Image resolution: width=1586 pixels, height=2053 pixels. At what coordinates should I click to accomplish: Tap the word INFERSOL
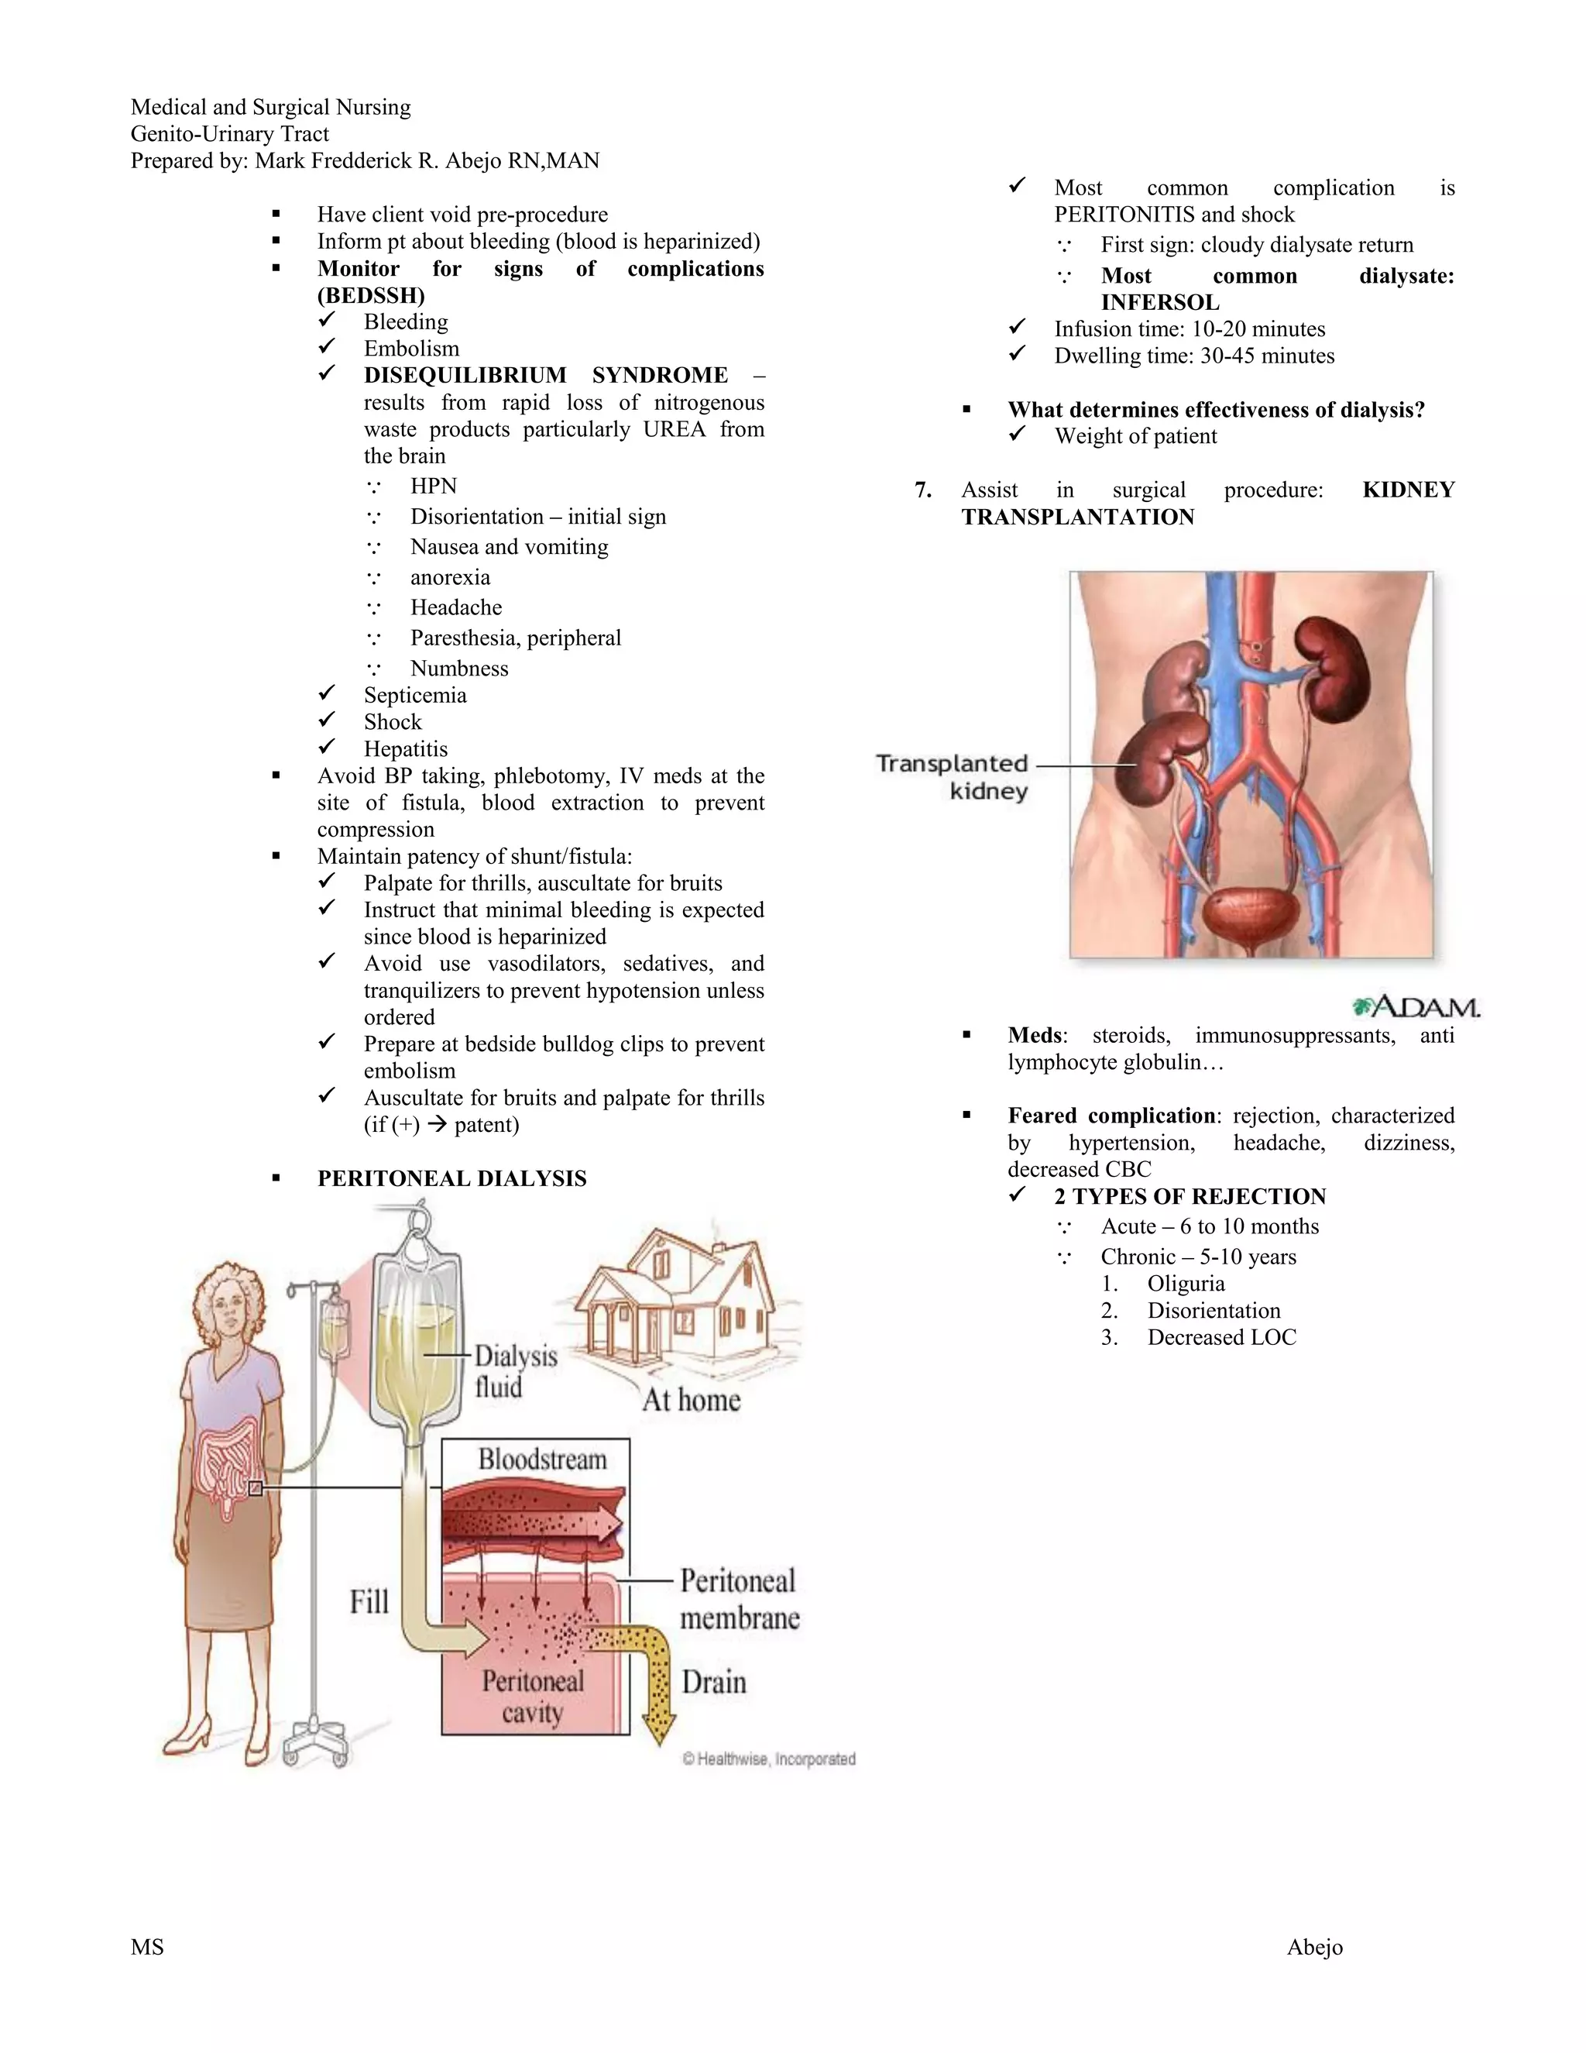pyautogui.click(x=1159, y=303)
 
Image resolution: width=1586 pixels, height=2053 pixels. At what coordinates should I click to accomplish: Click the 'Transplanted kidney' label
pyautogui.click(x=952, y=776)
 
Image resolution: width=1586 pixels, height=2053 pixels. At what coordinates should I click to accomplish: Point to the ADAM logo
pyautogui.click(x=1416, y=1007)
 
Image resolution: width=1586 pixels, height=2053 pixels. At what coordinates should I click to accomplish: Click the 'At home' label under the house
pyautogui.click(x=692, y=1400)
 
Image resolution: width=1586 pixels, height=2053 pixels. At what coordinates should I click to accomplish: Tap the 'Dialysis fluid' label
pyautogui.click(x=515, y=1370)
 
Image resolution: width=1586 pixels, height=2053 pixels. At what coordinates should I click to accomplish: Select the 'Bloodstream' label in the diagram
pyautogui.click(x=542, y=1459)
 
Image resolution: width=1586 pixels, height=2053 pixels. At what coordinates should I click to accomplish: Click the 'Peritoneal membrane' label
pyautogui.click(x=739, y=1598)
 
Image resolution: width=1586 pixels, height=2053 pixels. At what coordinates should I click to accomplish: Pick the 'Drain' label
pyautogui.click(x=714, y=1682)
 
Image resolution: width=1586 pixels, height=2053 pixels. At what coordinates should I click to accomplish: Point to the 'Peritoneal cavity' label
pyautogui.click(x=533, y=1696)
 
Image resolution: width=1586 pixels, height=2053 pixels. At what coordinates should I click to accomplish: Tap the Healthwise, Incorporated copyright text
pyautogui.click(x=768, y=1759)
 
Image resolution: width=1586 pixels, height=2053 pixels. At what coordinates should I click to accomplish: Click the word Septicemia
pyautogui.click(x=414, y=696)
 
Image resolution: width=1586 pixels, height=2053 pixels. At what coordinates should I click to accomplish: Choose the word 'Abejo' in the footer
pyautogui.click(x=1314, y=1947)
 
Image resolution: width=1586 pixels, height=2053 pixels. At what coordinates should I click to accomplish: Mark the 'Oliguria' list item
pyautogui.click(x=1186, y=1284)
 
